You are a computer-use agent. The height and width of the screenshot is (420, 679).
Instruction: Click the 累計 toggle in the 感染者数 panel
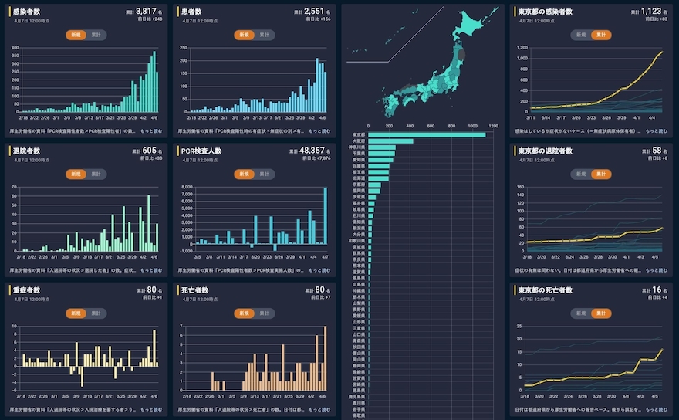tap(96, 35)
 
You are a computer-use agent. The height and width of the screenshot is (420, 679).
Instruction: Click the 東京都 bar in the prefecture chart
tap(427, 135)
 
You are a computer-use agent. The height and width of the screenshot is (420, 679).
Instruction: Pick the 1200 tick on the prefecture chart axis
tap(493, 125)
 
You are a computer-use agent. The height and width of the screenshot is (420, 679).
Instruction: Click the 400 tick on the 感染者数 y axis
tap(15, 48)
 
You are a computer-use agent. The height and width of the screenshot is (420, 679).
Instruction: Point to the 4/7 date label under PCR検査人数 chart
tap(324, 256)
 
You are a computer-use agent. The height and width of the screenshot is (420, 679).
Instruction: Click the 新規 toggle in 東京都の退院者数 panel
tap(579, 174)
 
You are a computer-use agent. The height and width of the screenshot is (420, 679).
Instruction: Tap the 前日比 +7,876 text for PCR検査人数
tap(315, 158)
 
